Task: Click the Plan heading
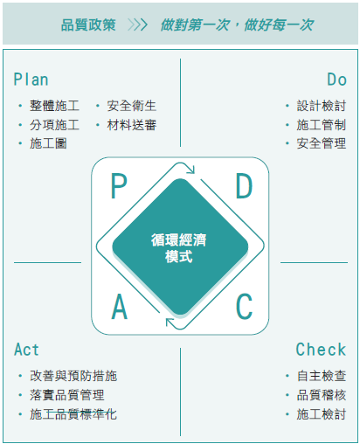(x=31, y=80)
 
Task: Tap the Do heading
(x=336, y=80)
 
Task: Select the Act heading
(x=26, y=350)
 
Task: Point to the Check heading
(x=321, y=350)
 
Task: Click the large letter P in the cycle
(x=119, y=186)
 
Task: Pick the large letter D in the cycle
(x=244, y=186)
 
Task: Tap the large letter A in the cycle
(x=120, y=307)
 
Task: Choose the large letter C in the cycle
(x=244, y=307)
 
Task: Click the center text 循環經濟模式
(x=179, y=248)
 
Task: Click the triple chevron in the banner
(x=138, y=24)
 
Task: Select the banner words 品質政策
(x=88, y=24)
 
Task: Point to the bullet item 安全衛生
(x=132, y=106)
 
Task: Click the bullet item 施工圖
(x=48, y=143)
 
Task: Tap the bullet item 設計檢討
(x=322, y=106)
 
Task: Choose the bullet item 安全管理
(x=322, y=143)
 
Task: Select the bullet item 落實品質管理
(x=67, y=395)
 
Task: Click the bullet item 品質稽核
(x=322, y=395)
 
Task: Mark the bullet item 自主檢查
(x=322, y=376)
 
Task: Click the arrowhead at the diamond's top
(x=191, y=170)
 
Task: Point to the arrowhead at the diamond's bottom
(x=170, y=323)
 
